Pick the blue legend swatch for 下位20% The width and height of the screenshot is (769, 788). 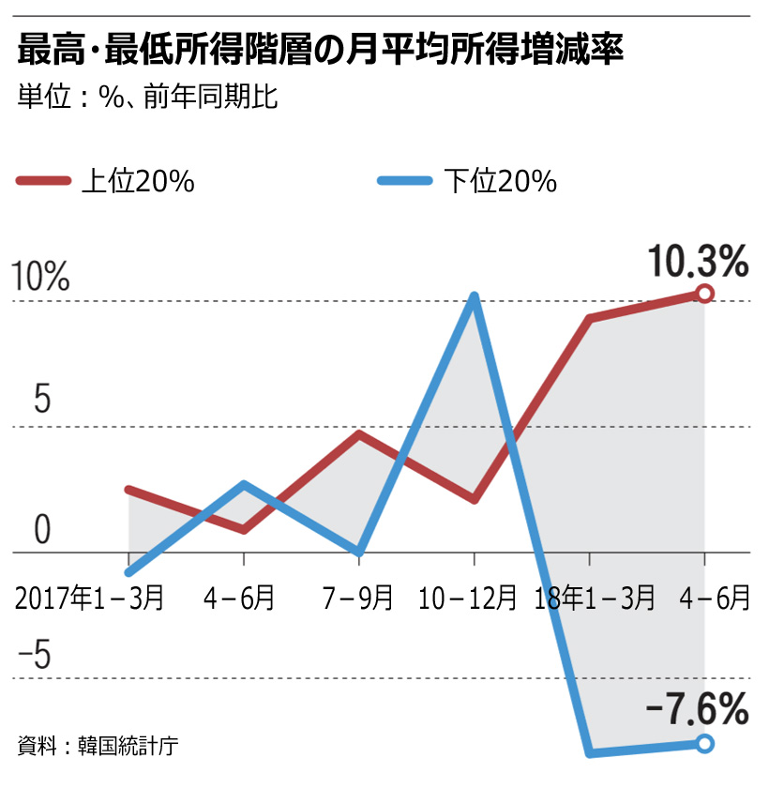[x=405, y=181]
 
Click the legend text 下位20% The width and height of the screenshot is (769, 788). [x=500, y=181]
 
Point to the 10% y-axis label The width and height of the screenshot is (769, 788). [x=39, y=278]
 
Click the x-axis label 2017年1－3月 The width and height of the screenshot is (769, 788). [x=90, y=597]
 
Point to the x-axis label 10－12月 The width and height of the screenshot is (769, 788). [x=469, y=597]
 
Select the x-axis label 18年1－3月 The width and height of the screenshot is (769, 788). [x=595, y=597]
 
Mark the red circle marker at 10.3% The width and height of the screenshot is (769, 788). [x=705, y=294]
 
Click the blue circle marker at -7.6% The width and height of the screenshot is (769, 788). [x=705, y=744]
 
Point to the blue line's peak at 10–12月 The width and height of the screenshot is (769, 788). [x=475, y=298]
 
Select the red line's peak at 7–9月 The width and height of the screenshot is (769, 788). [x=359, y=434]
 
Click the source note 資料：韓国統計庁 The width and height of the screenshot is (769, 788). [x=98, y=747]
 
